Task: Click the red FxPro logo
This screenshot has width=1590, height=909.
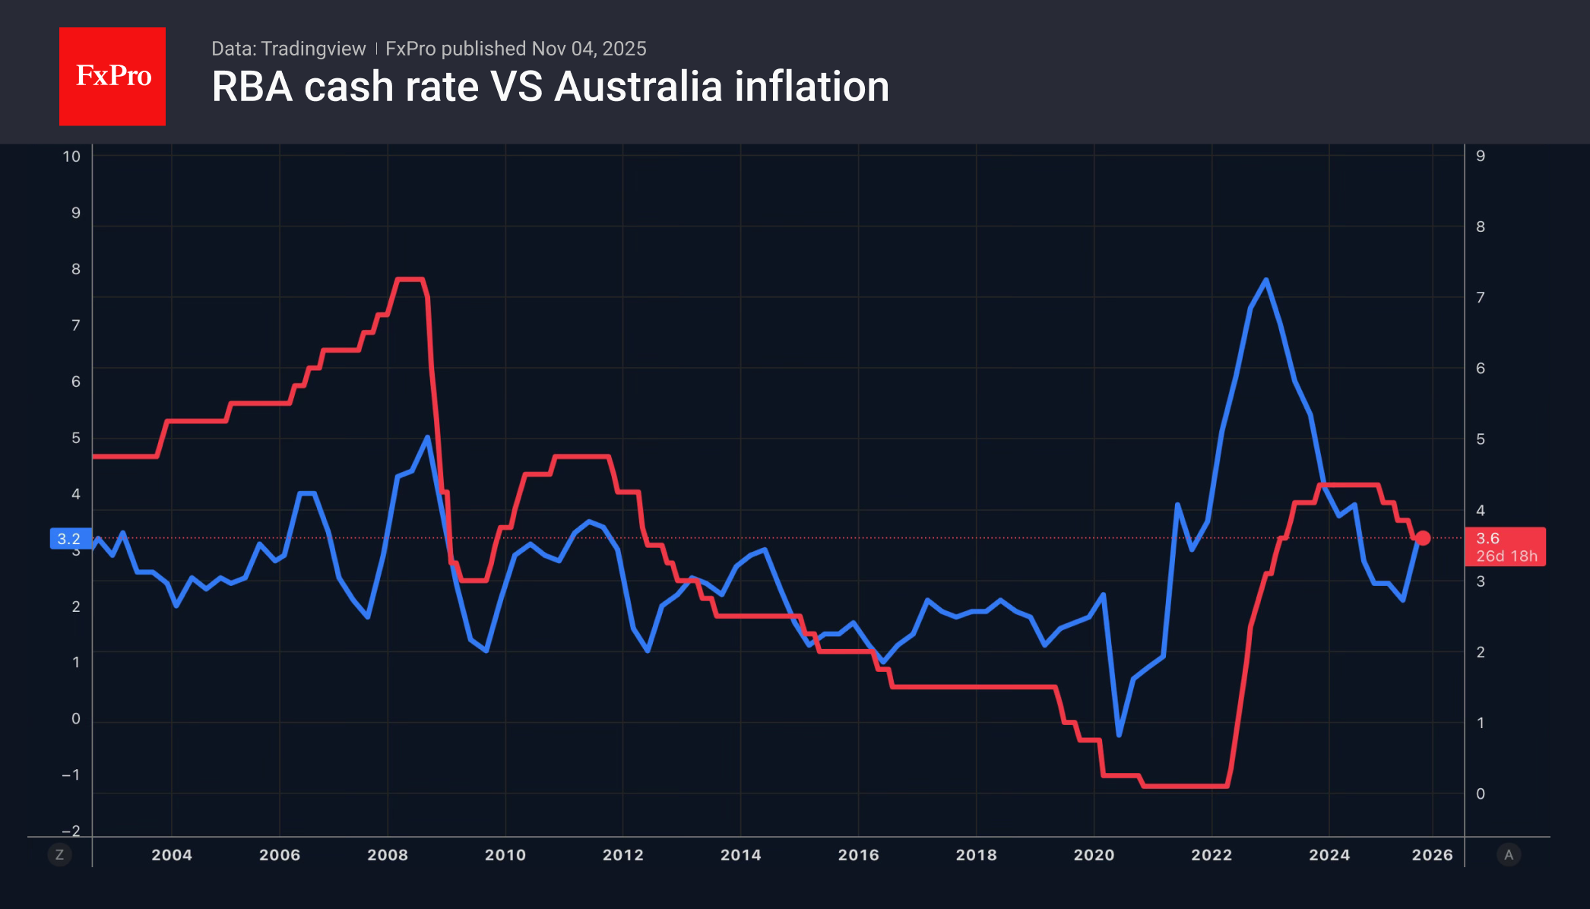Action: tap(112, 76)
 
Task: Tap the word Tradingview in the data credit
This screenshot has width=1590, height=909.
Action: tap(313, 49)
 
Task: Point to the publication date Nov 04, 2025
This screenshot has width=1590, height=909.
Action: tap(589, 49)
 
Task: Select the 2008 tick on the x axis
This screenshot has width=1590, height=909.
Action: tap(388, 854)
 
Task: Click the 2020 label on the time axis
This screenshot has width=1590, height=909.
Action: tap(1094, 854)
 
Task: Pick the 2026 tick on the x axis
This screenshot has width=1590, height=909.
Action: tap(1432, 854)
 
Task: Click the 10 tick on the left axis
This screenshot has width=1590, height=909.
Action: tap(71, 157)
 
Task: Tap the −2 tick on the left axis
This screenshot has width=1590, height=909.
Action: tap(71, 831)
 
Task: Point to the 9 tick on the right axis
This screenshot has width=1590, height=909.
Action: tap(1480, 156)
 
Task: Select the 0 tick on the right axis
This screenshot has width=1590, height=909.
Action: tap(1480, 793)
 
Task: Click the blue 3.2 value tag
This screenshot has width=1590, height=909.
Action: tap(70, 539)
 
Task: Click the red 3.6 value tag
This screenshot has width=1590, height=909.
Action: tap(1504, 546)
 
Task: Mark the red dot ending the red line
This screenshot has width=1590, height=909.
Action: tap(1423, 538)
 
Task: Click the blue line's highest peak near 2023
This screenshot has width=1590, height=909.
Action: tap(1265, 280)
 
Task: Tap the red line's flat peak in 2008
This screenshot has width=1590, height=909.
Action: tap(410, 280)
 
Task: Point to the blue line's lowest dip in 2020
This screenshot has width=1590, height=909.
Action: tap(1119, 734)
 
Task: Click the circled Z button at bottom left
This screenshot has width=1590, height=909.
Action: tap(59, 855)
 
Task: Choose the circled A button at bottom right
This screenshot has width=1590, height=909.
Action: tap(1509, 855)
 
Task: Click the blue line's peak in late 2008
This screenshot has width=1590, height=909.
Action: tap(428, 437)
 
